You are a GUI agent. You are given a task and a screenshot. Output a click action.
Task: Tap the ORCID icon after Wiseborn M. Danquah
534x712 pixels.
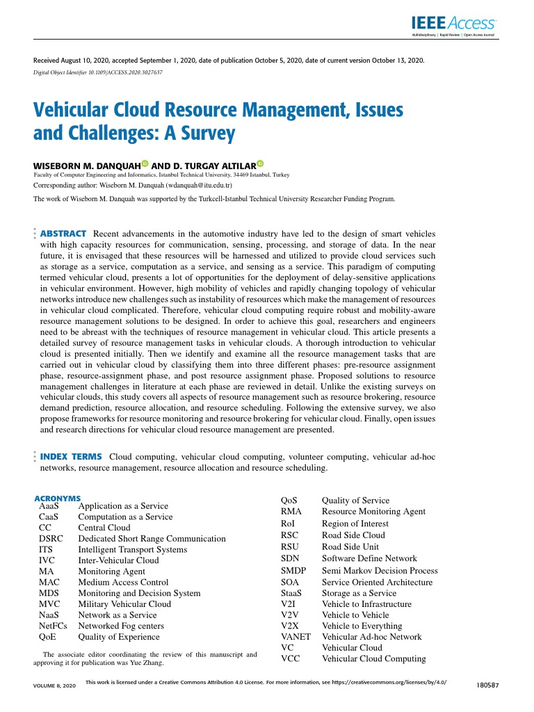[145, 163]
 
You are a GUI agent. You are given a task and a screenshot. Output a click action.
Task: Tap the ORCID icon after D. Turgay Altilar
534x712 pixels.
[260, 163]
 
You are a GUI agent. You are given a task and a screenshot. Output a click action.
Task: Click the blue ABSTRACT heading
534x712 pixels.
[63, 233]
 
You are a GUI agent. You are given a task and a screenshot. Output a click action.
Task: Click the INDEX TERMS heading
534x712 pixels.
[72, 456]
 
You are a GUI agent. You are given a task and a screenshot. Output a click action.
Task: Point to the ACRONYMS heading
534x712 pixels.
[58, 499]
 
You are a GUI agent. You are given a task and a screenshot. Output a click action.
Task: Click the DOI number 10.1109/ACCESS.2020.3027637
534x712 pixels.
[123, 73]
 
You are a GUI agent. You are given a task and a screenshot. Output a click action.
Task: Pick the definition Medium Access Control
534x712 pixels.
[123, 583]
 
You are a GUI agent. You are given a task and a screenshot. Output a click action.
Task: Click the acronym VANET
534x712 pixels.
[296, 637]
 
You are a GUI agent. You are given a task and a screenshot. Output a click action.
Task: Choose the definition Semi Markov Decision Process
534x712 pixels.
[380, 571]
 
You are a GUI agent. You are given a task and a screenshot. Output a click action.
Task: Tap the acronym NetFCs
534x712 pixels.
[54, 626]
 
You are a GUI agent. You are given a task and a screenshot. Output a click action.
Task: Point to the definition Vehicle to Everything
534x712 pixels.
[362, 626]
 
